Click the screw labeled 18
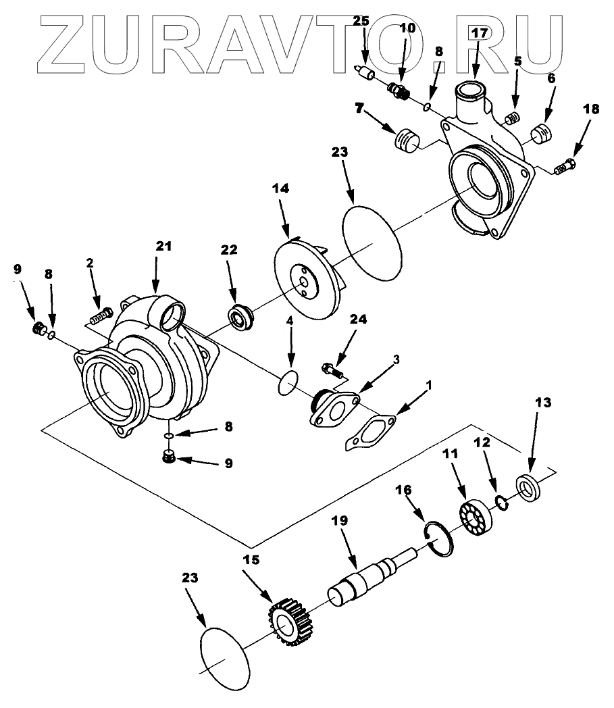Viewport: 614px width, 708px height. (565, 166)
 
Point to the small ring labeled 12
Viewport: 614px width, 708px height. (501, 501)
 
